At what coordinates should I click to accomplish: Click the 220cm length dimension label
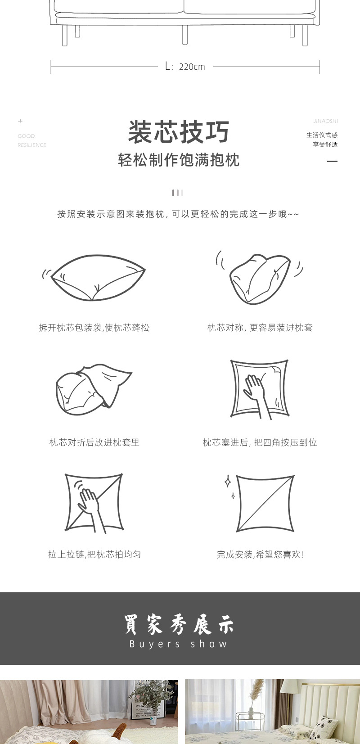(185, 67)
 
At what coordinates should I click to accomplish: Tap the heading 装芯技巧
(179, 132)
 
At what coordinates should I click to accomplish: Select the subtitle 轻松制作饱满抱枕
(179, 160)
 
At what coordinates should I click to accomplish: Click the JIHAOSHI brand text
(325, 121)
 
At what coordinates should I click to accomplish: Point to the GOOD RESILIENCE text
(31, 140)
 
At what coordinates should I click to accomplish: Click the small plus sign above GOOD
(20, 121)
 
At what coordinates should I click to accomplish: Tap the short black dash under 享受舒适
(332, 161)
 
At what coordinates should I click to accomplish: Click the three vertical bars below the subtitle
(178, 193)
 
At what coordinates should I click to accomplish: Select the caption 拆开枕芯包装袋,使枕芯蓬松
(94, 328)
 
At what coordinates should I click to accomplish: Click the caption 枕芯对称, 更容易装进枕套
(260, 328)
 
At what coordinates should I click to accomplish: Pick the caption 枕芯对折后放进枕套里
(94, 442)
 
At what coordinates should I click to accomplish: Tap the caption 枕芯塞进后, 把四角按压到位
(260, 442)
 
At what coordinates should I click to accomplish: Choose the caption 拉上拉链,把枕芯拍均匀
(94, 555)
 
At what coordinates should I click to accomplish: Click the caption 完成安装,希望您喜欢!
(260, 555)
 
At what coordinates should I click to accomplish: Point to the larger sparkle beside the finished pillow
(228, 482)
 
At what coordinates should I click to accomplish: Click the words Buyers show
(179, 644)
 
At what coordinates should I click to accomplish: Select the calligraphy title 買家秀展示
(179, 624)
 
